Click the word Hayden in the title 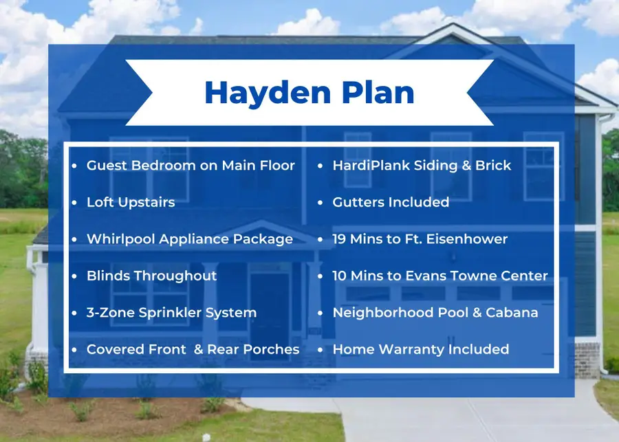(x=256, y=93)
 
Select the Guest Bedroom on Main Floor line (x=191, y=166)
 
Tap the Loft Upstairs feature (x=131, y=202)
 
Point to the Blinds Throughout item (x=151, y=276)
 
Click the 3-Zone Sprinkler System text (x=171, y=312)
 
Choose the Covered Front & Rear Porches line (x=193, y=349)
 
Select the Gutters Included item (x=391, y=202)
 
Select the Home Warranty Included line (x=420, y=349)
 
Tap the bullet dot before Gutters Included (x=321, y=203)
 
